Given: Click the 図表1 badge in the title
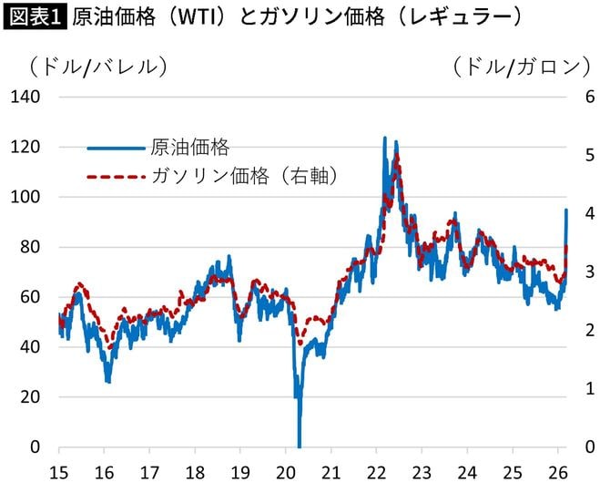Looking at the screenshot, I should pyautogui.click(x=35, y=17).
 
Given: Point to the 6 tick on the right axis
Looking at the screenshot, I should pyautogui.click(x=590, y=97).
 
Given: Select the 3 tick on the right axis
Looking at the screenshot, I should pyautogui.click(x=590, y=272).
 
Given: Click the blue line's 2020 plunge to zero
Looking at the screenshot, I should pyautogui.click(x=299, y=444).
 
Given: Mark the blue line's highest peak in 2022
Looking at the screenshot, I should pyautogui.click(x=384, y=139).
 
